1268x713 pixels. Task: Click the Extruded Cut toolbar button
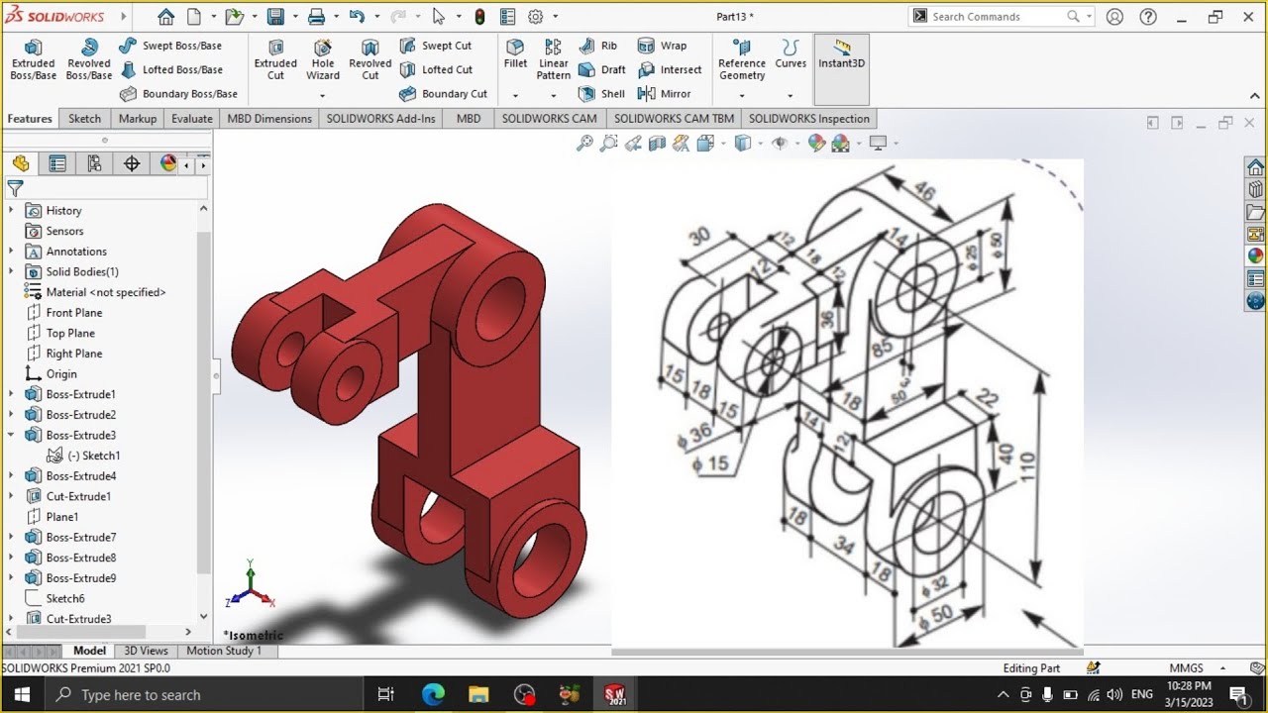point(275,59)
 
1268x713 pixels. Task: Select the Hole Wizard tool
point(323,59)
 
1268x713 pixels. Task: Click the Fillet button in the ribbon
point(515,53)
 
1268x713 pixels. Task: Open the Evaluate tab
point(192,119)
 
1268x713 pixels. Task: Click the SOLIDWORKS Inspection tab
point(808,119)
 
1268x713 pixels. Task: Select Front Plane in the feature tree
point(73,313)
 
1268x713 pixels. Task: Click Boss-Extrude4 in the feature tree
point(80,476)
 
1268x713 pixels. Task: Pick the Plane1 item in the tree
point(61,517)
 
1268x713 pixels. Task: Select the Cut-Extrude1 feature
point(78,496)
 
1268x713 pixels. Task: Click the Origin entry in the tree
point(60,374)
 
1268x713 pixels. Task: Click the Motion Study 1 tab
point(224,651)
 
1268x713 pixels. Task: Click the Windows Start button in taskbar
point(22,694)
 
